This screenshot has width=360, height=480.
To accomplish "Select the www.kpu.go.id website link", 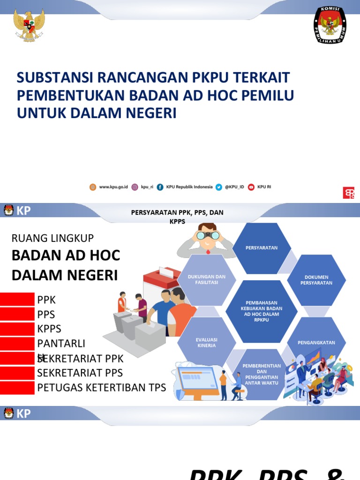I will [113, 187].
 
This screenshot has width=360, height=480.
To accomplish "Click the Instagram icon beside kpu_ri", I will [135, 187].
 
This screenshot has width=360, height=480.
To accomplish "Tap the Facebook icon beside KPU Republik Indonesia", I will [160, 187].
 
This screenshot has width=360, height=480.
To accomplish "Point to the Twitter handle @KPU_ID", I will [234, 187].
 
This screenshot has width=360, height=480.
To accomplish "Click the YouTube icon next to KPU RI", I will [251, 187].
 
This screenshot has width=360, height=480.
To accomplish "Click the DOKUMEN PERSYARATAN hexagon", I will [316, 280].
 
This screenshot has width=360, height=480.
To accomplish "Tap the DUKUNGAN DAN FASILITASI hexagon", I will [207, 279].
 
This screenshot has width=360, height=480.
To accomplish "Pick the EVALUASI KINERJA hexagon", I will [207, 342].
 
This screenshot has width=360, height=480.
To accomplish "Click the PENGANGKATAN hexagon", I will [316, 342].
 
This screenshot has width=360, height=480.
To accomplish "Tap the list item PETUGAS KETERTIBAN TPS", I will [101, 388].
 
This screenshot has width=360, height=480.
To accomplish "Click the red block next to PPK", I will [17, 300].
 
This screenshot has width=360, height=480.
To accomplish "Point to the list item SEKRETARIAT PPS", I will [80, 373].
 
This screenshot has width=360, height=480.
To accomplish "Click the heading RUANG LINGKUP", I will [52, 238].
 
